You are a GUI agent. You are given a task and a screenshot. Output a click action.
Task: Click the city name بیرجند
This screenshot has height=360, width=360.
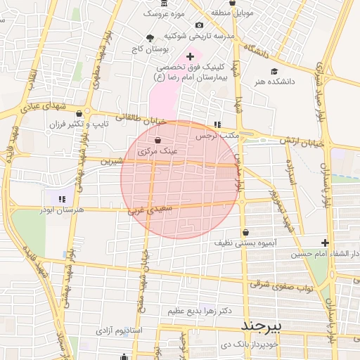(x=260, y=326)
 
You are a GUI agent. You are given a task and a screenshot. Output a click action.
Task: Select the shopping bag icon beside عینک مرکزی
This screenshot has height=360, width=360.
(x=167, y=141)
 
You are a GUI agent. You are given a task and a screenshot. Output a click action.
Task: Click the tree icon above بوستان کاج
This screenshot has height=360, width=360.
(x=149, y=39)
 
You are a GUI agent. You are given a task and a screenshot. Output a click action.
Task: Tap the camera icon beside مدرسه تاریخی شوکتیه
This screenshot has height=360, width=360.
(x=199, y=25)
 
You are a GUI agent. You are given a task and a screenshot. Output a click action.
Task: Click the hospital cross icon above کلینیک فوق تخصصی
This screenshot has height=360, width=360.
(x=190, y=56)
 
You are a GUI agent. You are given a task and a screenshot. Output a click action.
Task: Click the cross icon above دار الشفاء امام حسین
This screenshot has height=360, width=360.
(x=325, y=243)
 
